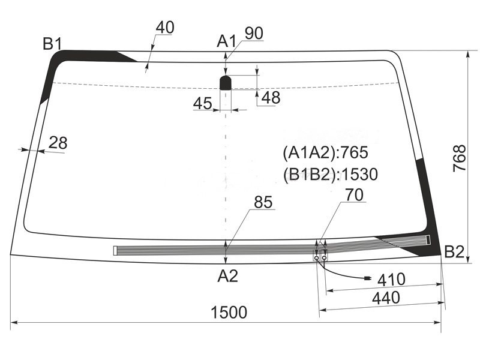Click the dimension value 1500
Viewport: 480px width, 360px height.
[x=229, y=313]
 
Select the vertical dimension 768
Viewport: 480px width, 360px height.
[x=460, y=158]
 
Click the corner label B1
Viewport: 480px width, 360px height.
[x=52, y=43]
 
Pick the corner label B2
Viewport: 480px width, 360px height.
[x=454, y=253]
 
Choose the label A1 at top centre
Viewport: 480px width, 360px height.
[x=226, y=41]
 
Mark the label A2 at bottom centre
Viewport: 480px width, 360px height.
[x=227, y=276]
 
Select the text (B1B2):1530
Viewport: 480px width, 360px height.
[x=330, y=175]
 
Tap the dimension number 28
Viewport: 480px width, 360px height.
[x=58, y=143]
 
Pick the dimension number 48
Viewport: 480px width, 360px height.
[x=271, y=97]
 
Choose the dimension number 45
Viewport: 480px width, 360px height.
[x=203, y=104]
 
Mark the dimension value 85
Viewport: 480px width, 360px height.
[x=263, y=203]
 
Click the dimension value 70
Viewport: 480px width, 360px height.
[x=355, y=195]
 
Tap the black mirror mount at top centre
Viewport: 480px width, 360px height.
[x=226, y=82]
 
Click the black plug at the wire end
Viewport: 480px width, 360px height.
[x=367, y=278]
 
